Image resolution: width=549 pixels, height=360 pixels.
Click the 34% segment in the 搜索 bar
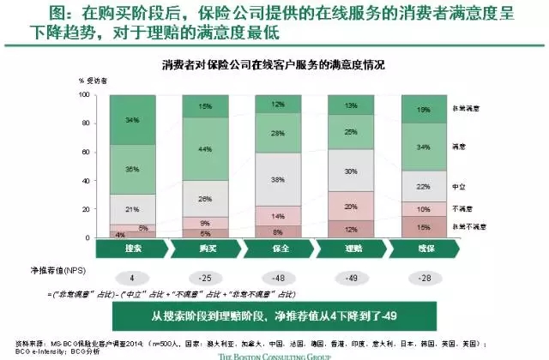(132, 119)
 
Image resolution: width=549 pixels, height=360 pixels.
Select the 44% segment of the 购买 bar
(204, 148)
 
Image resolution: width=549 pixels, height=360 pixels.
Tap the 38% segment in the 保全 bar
(278, 180)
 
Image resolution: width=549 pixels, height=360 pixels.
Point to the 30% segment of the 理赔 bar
(351, 171)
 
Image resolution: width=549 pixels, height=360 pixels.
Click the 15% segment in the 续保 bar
(425, 226)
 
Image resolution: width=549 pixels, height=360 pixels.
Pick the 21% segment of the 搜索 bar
(132, 209)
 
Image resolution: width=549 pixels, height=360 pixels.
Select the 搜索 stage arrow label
(131, 248)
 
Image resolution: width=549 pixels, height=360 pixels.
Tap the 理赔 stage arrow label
(351, 248)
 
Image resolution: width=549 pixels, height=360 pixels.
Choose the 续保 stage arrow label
(424, 248)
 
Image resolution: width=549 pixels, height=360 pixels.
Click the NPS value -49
(351, 278)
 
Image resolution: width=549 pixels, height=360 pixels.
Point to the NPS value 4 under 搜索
(132, 278)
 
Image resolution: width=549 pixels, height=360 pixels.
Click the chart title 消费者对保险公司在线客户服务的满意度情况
(274, 65)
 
